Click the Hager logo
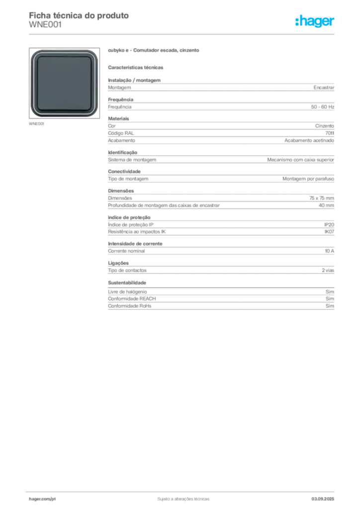(x=315, y=21)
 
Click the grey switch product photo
(x=64, y=83)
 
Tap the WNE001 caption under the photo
(x=36, y=124)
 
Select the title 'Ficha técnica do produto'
(x=79, y=15)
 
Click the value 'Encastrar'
(x=324, y=87)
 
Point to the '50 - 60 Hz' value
(x=322, y=107)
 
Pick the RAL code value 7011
(x=330, y=133)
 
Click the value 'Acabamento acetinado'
(x=309, y=141)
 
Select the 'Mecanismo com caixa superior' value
(x=301, y=160)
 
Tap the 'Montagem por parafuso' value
(x=308, y=179)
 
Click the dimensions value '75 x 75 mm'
(x=321, y=198)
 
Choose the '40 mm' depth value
(x=326, y=205)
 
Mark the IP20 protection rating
(x=329, y=225)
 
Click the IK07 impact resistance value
(x=329, y=232)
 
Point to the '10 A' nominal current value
(x=330, y=251)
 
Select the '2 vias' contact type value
(x=328, y=270)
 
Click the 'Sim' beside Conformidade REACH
(x=330, y=299)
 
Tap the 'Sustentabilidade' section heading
(x=127, y=283)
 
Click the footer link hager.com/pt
(x=42, y=499)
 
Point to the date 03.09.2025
(x=323, y=499)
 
